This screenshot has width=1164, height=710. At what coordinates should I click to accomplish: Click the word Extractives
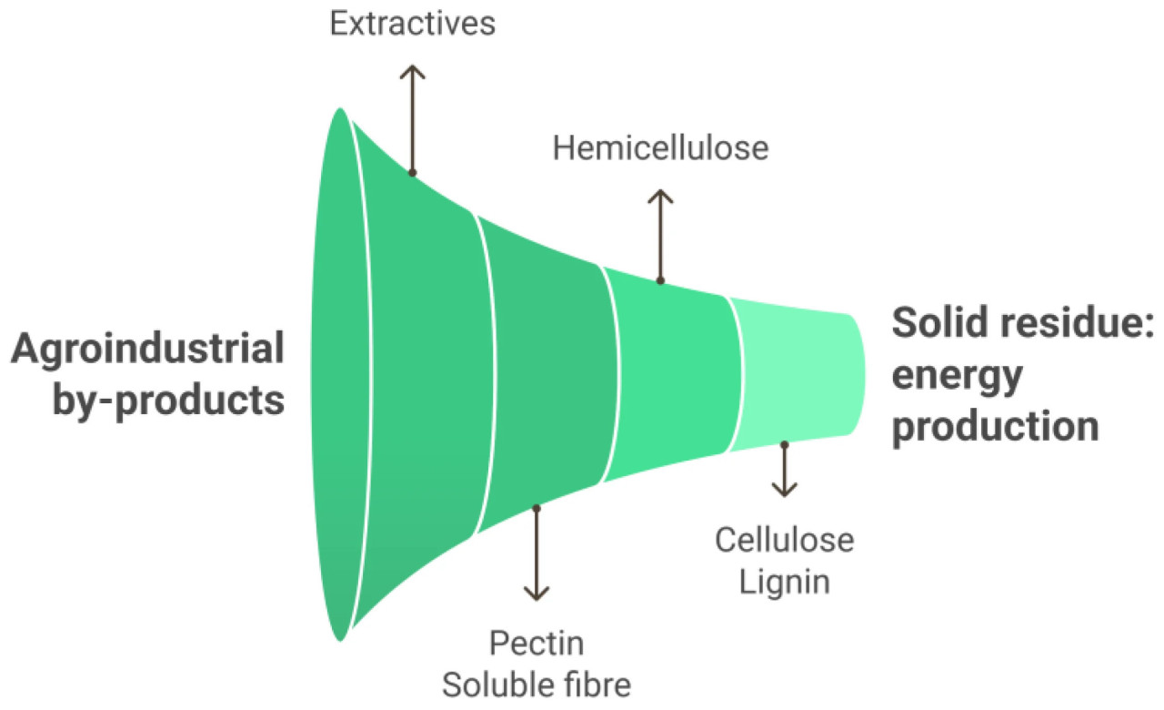tap(412, 24)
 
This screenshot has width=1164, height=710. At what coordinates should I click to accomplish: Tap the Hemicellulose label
tap(660, 147)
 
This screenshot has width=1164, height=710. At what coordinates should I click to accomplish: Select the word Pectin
tap(537, 644)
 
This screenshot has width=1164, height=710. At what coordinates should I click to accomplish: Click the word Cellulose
tap(784, 540)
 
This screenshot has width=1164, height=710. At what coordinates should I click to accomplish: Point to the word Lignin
tap(784, 581)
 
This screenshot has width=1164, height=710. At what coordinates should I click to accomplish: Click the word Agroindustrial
tap(147, 350)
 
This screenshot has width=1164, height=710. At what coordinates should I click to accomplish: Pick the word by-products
tap(168, 401)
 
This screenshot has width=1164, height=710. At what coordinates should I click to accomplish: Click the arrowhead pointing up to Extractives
tap(412, 71)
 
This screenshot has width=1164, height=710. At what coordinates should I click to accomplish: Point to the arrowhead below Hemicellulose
tap(660, 196)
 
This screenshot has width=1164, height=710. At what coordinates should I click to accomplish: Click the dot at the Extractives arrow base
tap(412, 172)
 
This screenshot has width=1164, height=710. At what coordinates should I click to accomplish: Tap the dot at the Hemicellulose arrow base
tap(660, 280)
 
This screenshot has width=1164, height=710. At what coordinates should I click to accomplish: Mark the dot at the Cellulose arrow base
tap(784, 444)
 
